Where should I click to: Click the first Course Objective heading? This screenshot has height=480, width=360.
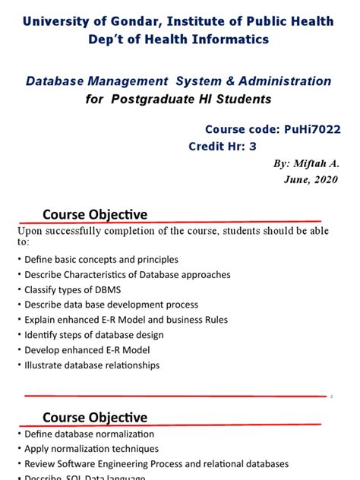(94, 215)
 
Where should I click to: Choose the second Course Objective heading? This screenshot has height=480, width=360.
(94, 417)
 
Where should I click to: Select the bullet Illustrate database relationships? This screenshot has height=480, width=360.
(92, 365)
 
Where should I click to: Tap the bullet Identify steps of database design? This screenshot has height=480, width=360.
(93, 335)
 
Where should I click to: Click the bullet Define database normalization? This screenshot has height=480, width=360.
(89, 434)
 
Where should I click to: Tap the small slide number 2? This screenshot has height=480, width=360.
(332, 396)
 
